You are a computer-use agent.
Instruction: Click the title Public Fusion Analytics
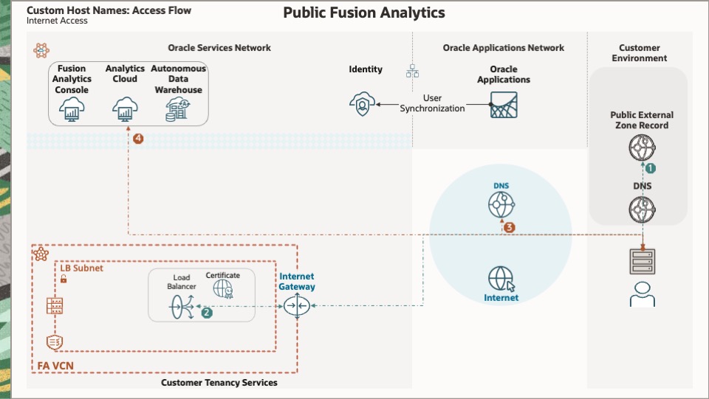pyautogui.click(x=364, y=13)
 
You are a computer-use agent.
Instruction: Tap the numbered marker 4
pyautogui.click(x=137, y=139)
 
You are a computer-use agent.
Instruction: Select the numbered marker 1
pyautogui.click(x=651, y=168)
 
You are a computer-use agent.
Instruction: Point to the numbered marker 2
pyautogui.click(x=208, y=313)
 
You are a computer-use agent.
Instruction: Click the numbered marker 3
pyautogui.click(x=509, y=227)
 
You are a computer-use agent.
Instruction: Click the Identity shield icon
pyautogui.click(x=362, y=105)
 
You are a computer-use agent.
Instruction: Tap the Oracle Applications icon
pyautogui.click(x=504, y=105)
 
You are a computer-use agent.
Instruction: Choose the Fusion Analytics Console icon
pyautogui.click(x=72, y=110)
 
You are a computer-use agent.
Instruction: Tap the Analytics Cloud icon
pyautogui.click(x=125, y=110)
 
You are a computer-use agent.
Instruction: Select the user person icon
pyautogui.click(x=642, y=293)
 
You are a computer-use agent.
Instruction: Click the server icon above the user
pyautogui.click(x=642, y=260)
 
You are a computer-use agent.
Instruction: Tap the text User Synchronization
pyautogui.click(x=433, y=103)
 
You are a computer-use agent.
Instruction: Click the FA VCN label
pyautogui.click(x=55, y=365)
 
